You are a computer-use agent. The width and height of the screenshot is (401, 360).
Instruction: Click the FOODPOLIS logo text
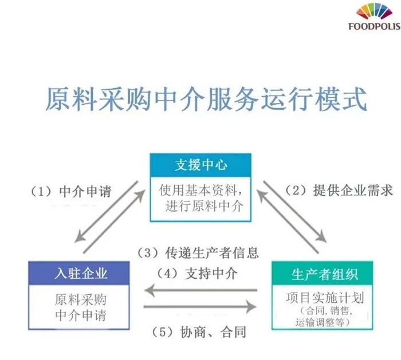[374, 26]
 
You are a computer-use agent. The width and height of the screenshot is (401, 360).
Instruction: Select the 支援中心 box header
[200, 165]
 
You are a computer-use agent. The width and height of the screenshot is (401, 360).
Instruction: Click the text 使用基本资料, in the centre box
[200, 189]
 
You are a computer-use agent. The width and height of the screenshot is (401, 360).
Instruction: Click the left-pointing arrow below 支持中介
[200, 290]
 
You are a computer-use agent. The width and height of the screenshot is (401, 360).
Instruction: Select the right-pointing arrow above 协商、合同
[200, 308]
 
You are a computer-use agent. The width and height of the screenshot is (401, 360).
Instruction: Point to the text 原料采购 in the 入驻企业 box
[80, 299]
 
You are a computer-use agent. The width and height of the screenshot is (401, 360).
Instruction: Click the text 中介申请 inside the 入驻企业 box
[80, 315]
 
